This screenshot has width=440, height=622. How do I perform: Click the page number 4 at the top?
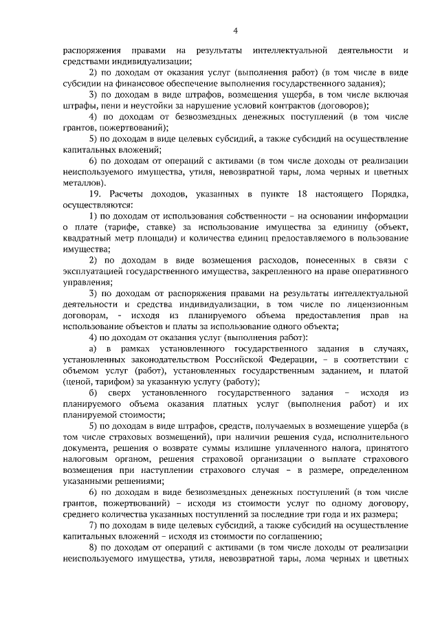[x=235, y=30]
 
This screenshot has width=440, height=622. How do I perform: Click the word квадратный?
[x=87, y=238]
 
